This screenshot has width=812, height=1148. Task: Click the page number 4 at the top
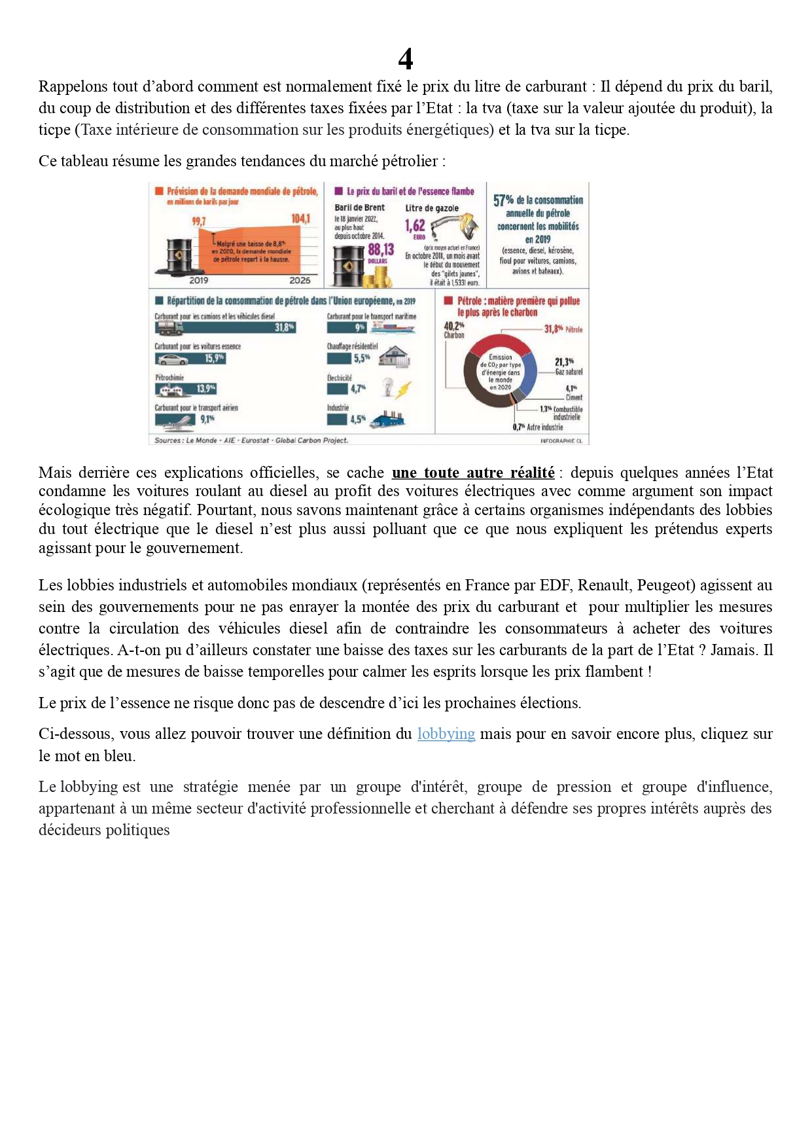(x=406, y=60)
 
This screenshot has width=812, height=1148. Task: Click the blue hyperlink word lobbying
(x=446, y=734)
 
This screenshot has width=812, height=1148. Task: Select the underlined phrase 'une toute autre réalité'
(x=472, y=473)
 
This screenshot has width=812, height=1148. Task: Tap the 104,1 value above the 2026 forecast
(x=300, y=219)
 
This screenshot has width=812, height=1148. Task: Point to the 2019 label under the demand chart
(x=199, y=280)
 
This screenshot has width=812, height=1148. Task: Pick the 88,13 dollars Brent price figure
(x=381, y=249)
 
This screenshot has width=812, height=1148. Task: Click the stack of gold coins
(x=378, y=279)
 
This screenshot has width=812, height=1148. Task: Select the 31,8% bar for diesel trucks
(x=225, y=327)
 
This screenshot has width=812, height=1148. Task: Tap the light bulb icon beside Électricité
(x=388, y=387)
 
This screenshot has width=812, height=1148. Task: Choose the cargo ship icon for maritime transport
(x=392, y=327)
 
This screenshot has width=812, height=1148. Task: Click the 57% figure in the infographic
(x=503, y=200)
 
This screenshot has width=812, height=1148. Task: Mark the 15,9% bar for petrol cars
(x=190, y=359)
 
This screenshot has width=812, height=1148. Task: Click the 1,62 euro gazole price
(x=415, y=226)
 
